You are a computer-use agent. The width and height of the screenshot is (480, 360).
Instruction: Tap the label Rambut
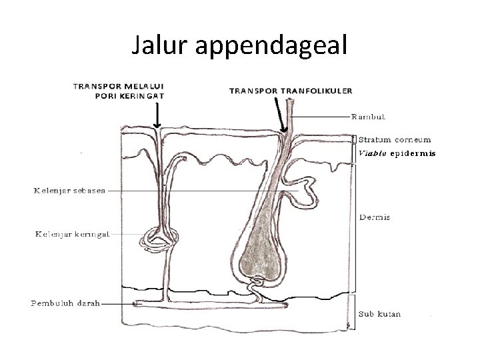pyautogui.click(x=369, y=117)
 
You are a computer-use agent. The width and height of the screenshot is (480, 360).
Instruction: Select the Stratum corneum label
pyautogui.click(x=395, y=140)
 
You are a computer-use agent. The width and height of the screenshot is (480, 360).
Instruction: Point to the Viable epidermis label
pyautogui.click(x=397, y=153)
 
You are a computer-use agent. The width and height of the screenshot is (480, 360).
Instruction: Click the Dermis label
pyautogui.click(x=374, y=217)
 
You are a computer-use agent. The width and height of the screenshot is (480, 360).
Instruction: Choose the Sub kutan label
pyautogui.click(x=380, y=313)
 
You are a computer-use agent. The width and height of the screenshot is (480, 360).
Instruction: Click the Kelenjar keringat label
pyautogui.click(x=71, y=234)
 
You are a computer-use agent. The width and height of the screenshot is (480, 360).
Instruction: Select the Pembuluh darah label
pyautogui.click(x=65, y=303)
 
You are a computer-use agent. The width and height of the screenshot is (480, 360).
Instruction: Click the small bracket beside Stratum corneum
pyautogui.click(x=355, y=140)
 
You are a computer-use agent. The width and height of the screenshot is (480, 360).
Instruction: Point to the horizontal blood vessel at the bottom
pyautogui.click(x=213, y=305)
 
